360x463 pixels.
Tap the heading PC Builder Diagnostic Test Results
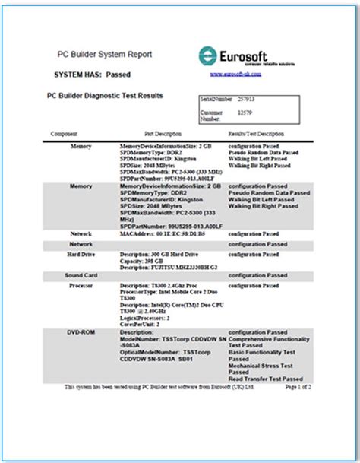tap(110, 97)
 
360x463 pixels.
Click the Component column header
tap(64, 133)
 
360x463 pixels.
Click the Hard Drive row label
tap(81, 255)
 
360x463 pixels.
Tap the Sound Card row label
tap(81, 275)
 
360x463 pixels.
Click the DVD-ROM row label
tap(81, 332)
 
